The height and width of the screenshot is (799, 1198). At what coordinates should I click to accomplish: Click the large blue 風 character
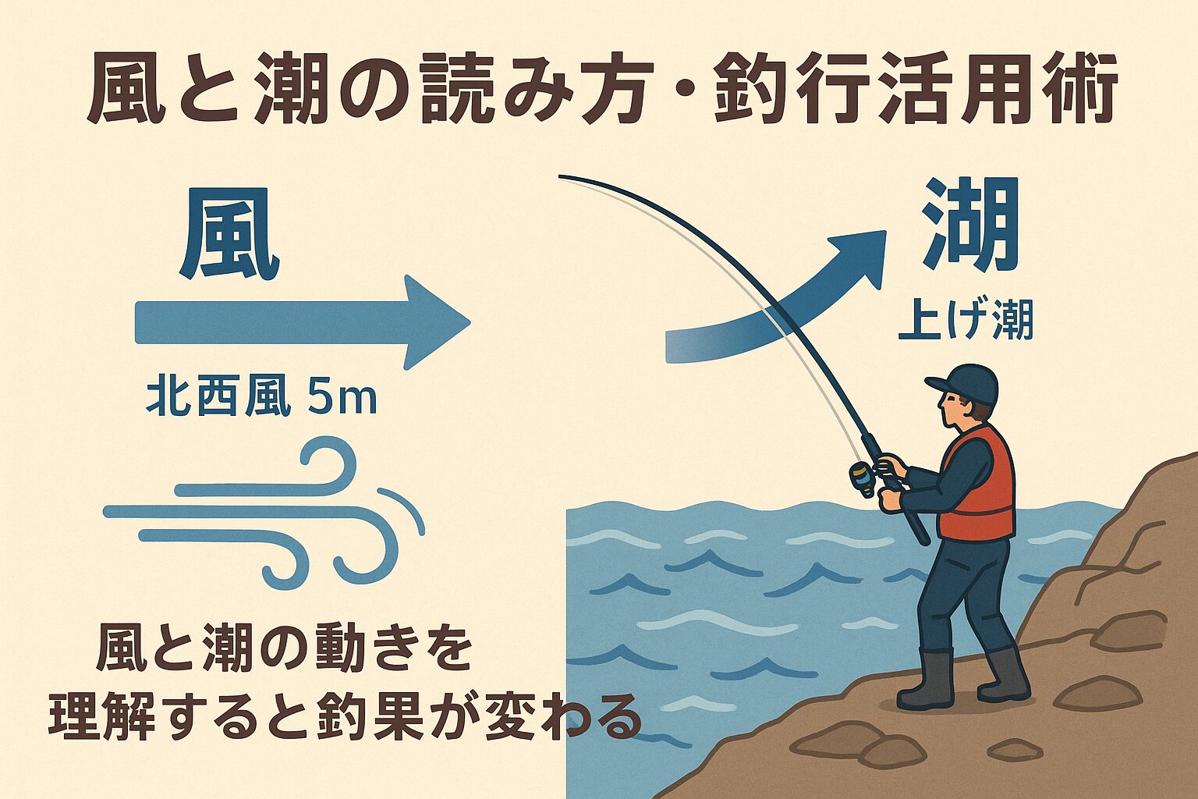tap(229, 237)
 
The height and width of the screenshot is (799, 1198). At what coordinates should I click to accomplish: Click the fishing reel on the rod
tap(863, 478)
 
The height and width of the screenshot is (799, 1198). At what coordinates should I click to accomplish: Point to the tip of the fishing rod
tap(562, 177)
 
